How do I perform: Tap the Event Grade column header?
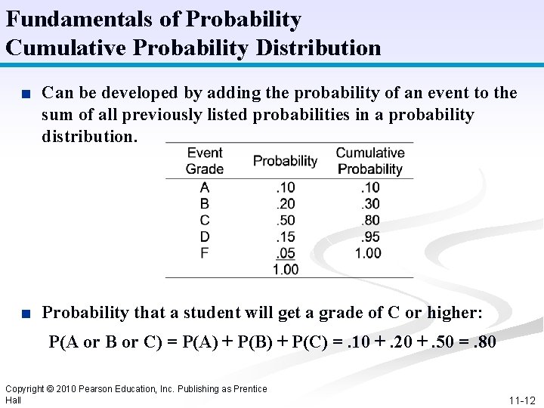click(x=205, y=161)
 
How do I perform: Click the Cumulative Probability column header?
click(x=370, y=161)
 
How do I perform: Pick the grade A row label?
click(x=205, y=187)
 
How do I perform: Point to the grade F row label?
click(x=205, y=252)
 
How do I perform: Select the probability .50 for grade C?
click(x=286, y=220)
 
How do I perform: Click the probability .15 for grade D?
click(x=286, y=236)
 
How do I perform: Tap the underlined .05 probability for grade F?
click(x=286, y=253)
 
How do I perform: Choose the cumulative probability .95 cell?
click(x=370, y=236)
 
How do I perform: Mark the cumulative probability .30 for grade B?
click(x=370, y=204)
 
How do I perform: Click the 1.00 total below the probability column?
click(x=286, y=269)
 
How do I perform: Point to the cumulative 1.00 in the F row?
click(x=369, y=253)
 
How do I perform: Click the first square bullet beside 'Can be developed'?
click(x=26, y=94)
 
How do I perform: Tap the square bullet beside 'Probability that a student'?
click(x=26, y=313)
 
